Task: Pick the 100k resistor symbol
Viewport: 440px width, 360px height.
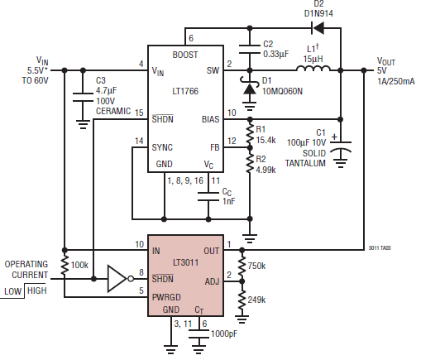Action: [x=65, y=266]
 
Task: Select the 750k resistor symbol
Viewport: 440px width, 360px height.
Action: [x=242, y=265]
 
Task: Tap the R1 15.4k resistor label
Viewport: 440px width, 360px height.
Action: [x=266, y=133]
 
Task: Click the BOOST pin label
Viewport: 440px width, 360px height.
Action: [x=184, y=55]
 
